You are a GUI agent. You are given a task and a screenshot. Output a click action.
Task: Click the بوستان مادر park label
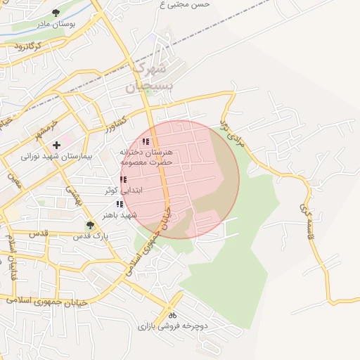[56, 23]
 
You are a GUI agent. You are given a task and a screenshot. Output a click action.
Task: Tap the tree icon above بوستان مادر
[56, 12]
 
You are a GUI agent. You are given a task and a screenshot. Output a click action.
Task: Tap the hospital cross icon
[56, 145]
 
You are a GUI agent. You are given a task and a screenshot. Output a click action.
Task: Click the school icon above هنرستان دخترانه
[146, 142]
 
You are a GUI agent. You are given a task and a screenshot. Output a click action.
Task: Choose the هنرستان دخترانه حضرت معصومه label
[150, 157]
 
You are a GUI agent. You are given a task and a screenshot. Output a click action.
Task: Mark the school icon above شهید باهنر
[119, 203]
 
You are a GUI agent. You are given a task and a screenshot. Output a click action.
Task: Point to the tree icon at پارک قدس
[89, 225]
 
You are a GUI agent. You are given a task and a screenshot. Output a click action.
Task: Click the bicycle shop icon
[172, 315]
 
